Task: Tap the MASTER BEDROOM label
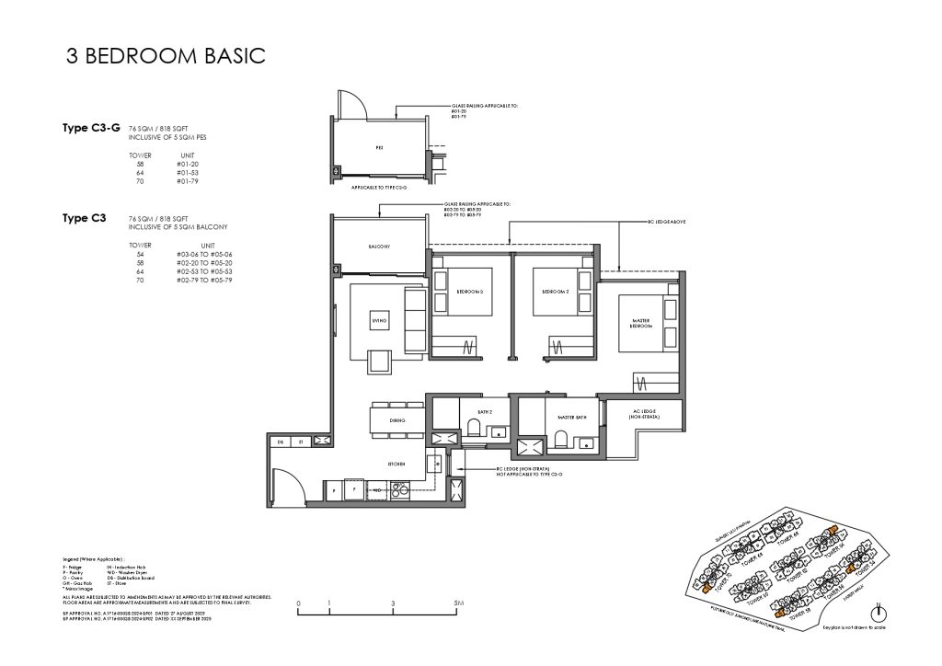[642, 325]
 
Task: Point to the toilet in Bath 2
[473, 426]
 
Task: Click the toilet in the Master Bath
[560, 440]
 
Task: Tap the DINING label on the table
[398, 419]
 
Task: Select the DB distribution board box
[281, 442]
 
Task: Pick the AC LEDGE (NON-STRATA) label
[641, 416]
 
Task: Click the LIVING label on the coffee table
[378, 320]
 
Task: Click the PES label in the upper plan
[379, 145]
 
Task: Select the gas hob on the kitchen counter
[399, 491]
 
